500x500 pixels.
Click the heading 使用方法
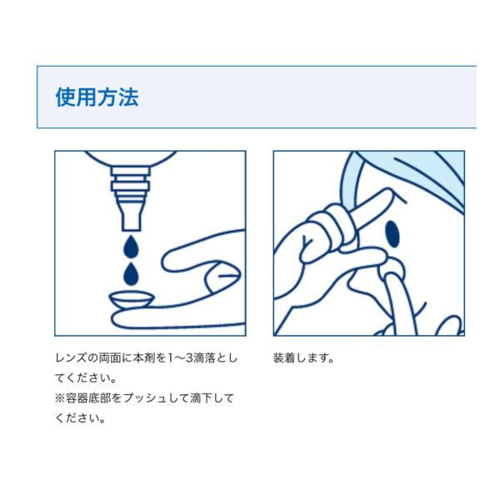coord(97,97)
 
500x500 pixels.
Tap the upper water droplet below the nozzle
coord(131,246)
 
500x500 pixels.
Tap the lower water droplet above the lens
coord(131,274)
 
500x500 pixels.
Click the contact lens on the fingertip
coord(132,300)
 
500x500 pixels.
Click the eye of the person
coord(392,234)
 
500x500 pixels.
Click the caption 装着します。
coord(303,357)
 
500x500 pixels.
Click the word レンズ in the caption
coord(71,357)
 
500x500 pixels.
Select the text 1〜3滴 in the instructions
coord(186,357)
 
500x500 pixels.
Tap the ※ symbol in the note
coord(60,398)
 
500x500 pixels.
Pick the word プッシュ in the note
coord(151,398)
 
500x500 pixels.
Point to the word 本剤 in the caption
coord(144,357)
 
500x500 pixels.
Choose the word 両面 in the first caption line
coord(109,357)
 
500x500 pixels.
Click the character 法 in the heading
coord(128,97)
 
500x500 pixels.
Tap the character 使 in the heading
coord(66,97)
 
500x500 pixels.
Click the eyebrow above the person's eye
coord(399,197)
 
